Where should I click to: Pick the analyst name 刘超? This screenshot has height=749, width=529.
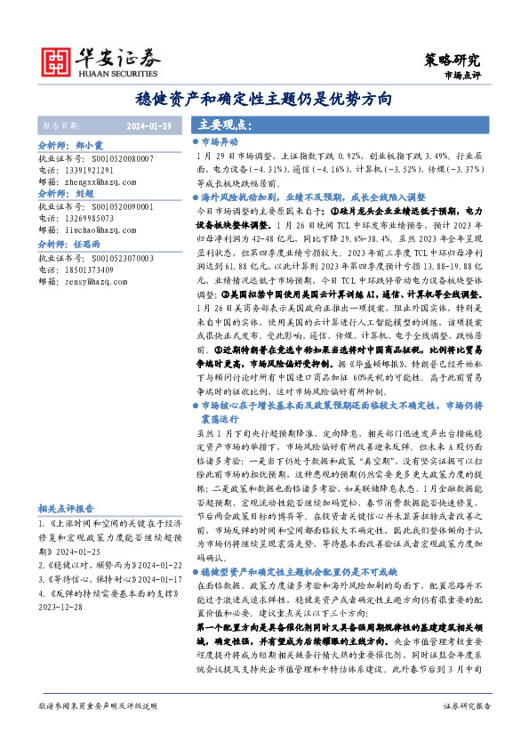[x=85, y=192]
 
